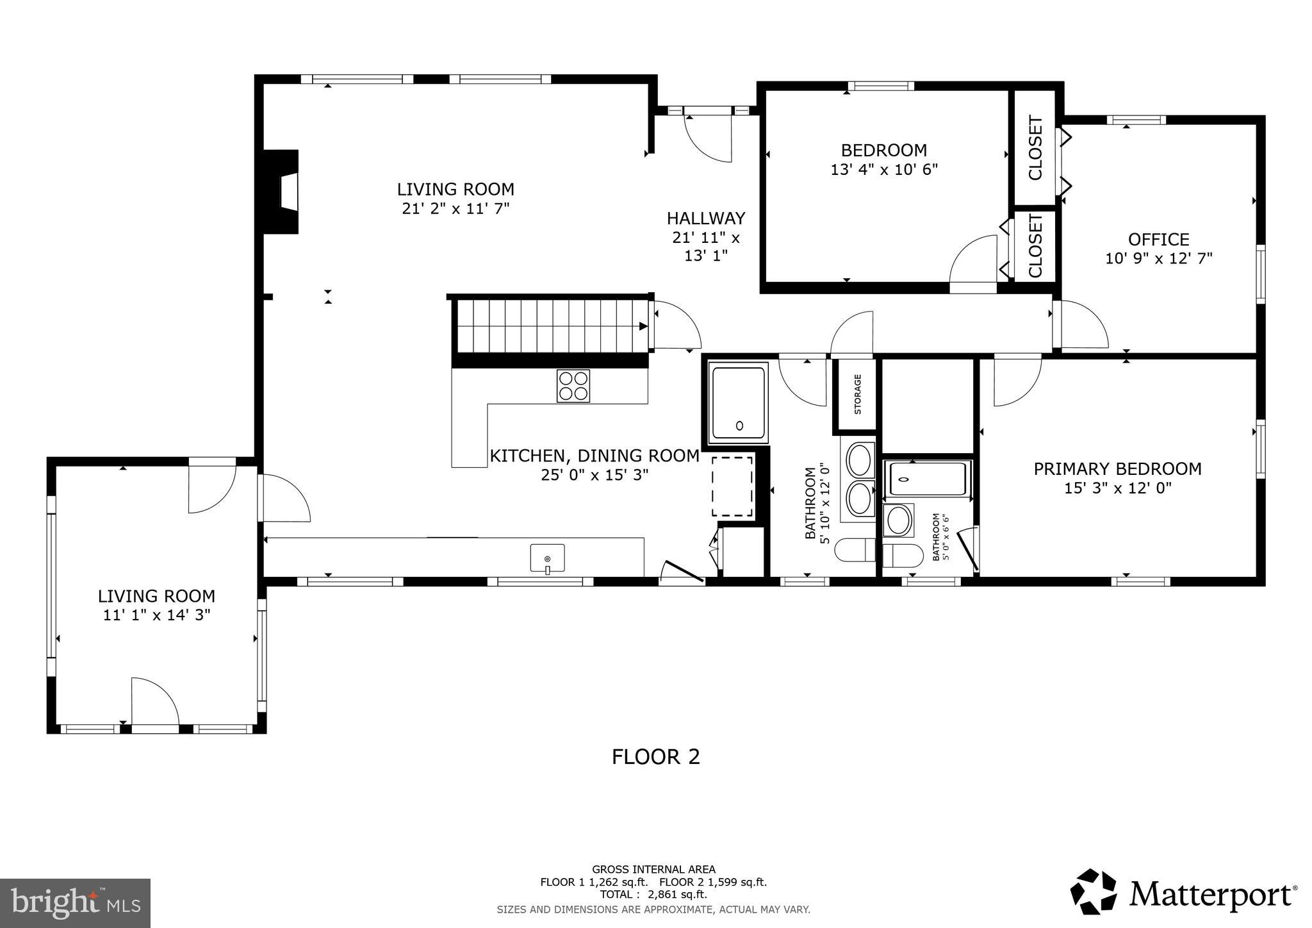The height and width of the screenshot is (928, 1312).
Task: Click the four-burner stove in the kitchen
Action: click(x=573, y=386)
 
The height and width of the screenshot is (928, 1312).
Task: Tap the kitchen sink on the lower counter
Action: click(x=547, y=558)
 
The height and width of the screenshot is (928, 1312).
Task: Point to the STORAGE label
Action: click(x=857, y=394)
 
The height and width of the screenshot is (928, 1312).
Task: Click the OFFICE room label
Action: click(x=1158, y=240)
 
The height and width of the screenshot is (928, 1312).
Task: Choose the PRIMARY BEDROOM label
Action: click(x=1117, y=469)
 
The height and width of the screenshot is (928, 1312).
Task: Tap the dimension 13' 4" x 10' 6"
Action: click(x=884, y=170)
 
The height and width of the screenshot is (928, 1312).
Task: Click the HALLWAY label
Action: click(x=706, y=219)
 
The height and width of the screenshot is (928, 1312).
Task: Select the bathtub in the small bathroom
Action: click(x=927, y=479)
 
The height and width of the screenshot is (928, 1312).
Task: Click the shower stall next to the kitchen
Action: click(x=738, y=402)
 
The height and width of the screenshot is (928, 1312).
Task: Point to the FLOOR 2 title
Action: click(x=655, y=757)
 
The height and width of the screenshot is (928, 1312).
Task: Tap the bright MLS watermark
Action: click(x=75, y=904)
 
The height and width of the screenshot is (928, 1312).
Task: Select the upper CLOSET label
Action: click(x=1035, y=148)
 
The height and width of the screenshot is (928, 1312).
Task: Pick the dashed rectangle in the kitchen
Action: click(x=732, y=486)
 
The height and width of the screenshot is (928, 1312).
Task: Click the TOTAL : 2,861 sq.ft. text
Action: click(x=653, y=895)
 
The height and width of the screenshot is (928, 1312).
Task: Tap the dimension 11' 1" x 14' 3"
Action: click(x=156, y=615)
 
